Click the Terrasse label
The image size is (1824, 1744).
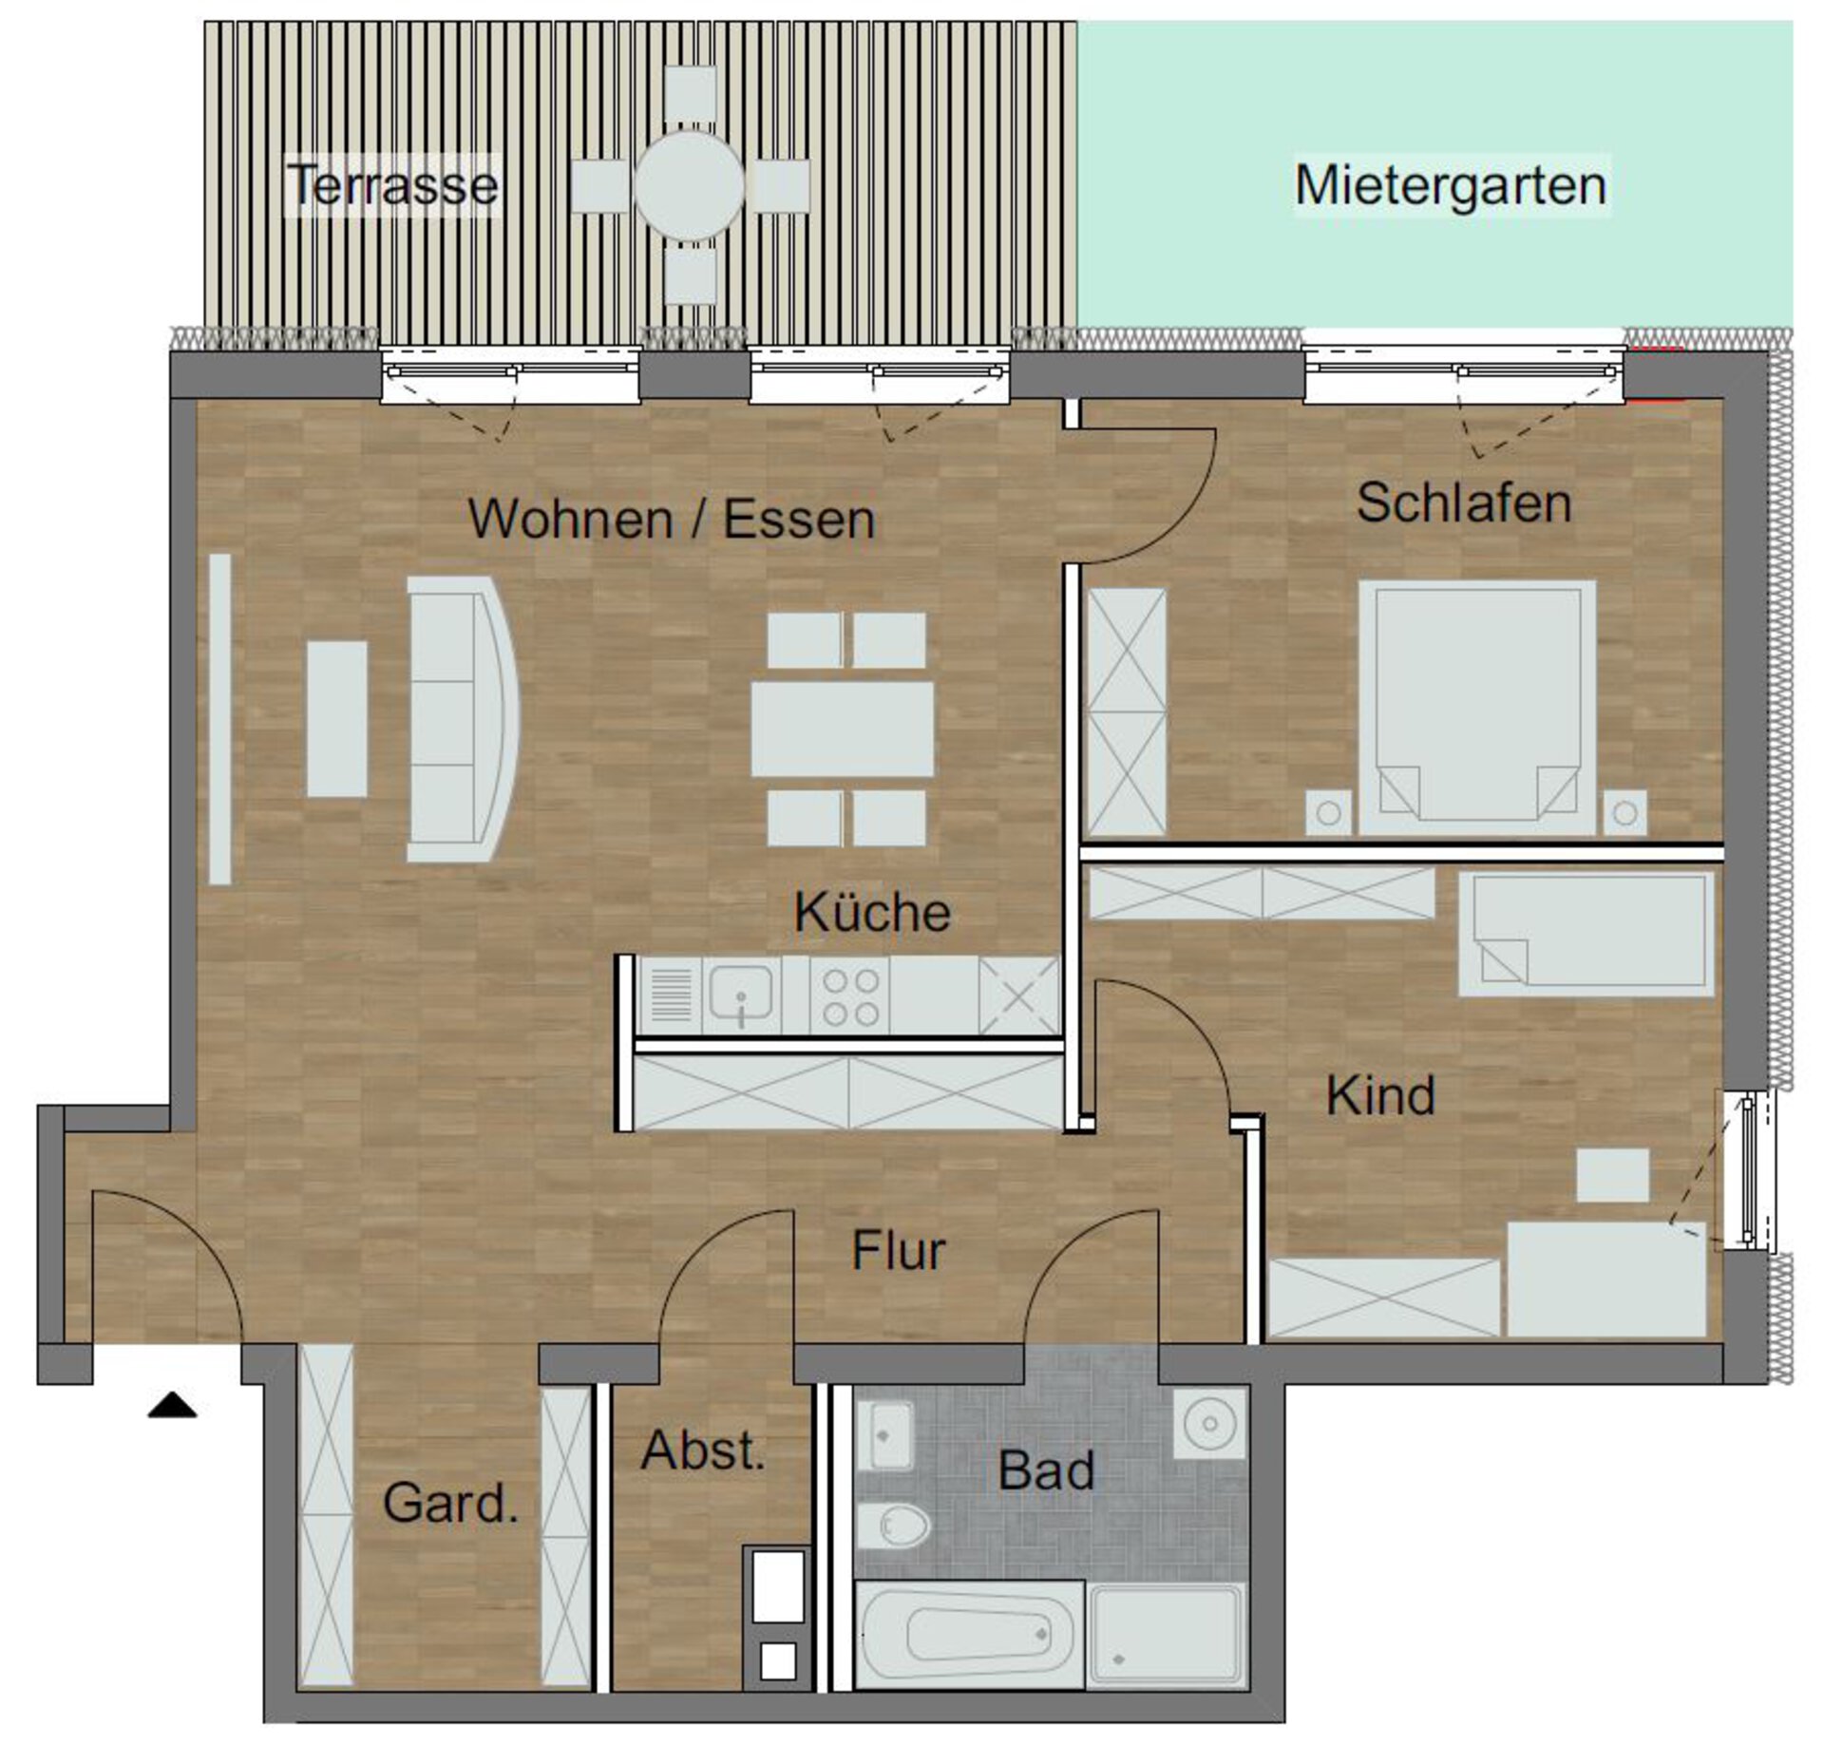point(392,185)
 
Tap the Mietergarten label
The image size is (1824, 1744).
point(1451,185)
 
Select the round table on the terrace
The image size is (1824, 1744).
point(689,185)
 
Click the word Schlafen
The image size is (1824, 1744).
point(1463,502)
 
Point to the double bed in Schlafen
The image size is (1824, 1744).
point(1476,708)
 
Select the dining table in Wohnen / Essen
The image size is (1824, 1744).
point(842,730)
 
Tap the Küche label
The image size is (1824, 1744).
point(872,912)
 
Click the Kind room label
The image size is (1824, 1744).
point(1379,1095)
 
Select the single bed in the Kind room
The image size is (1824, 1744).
point(1586,935)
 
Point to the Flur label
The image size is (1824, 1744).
point(898,1250)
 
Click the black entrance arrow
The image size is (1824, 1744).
point(172,1406)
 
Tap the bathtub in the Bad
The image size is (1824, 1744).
point(969,1634)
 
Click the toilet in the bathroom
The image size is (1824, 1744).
point(893,1526)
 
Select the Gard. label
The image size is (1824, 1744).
point(450,1503)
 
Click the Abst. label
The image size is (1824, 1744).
point(703,1450)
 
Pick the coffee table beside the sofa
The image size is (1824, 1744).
point(336,719)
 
